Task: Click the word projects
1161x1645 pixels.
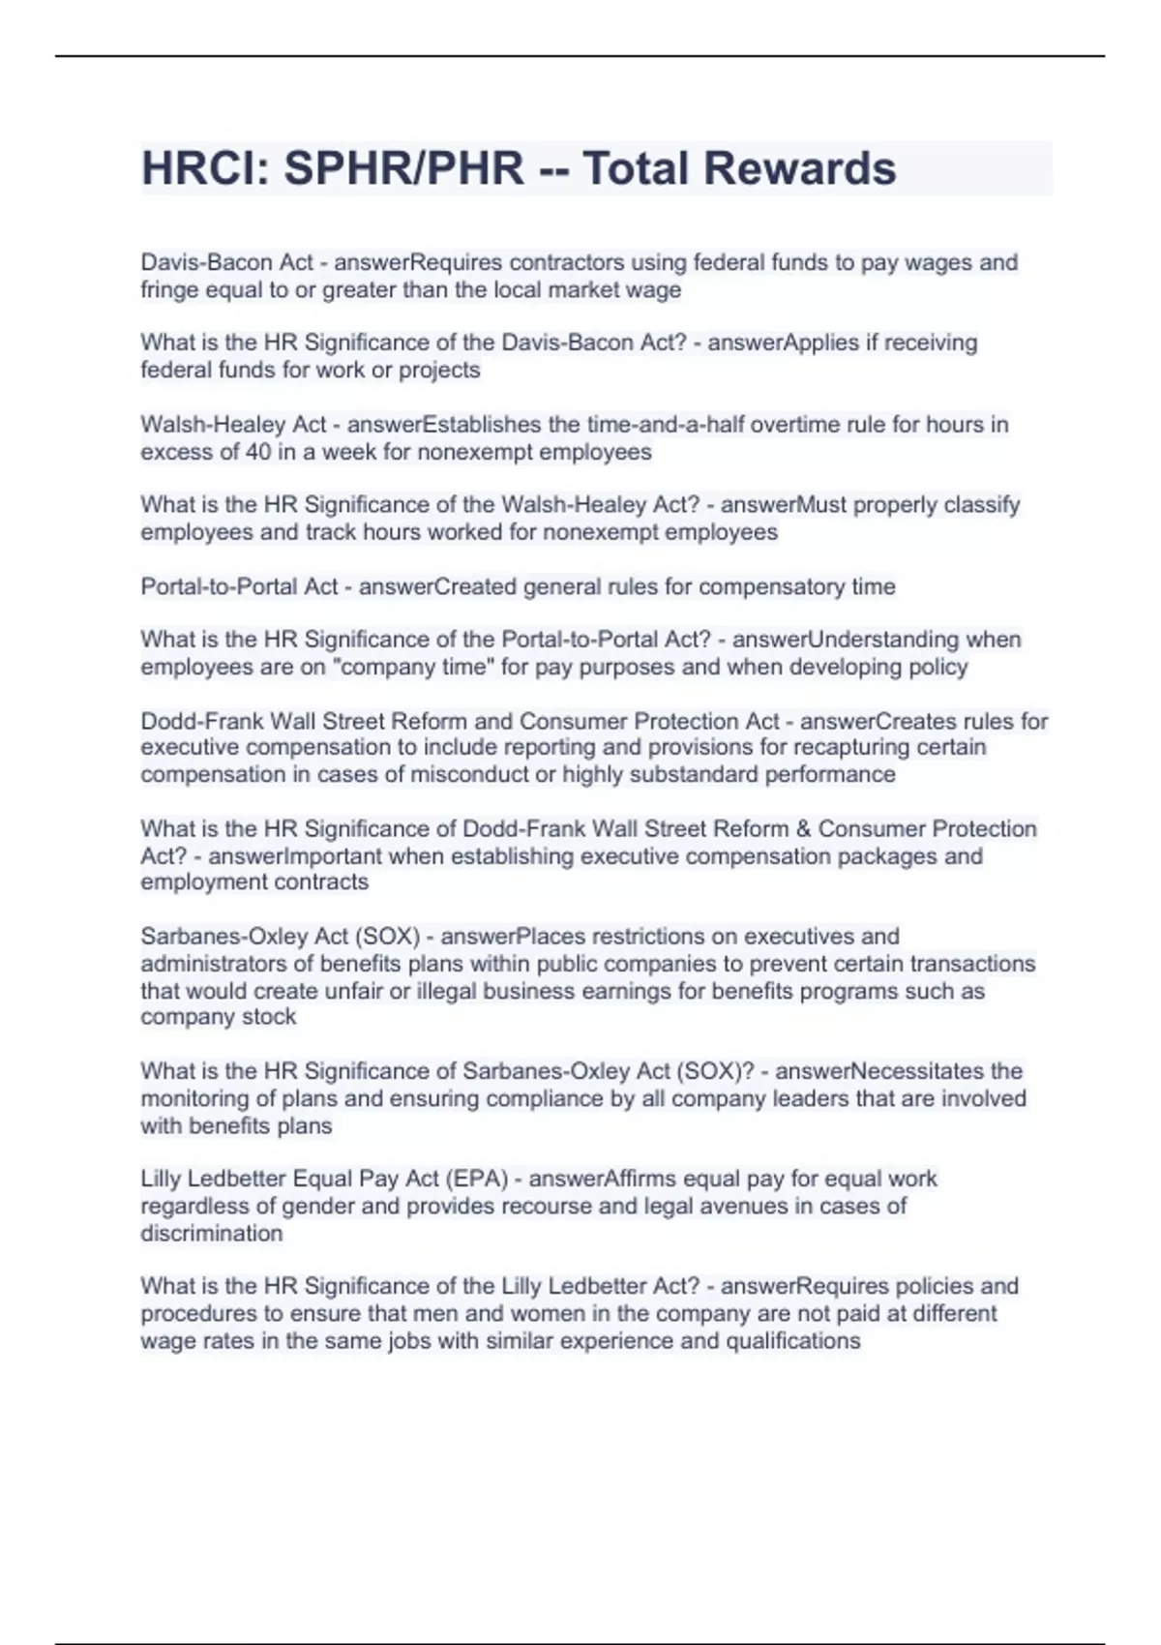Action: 440,371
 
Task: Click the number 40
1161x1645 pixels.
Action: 258,452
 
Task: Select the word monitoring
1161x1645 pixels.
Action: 195,1099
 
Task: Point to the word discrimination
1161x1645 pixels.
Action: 212,1234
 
